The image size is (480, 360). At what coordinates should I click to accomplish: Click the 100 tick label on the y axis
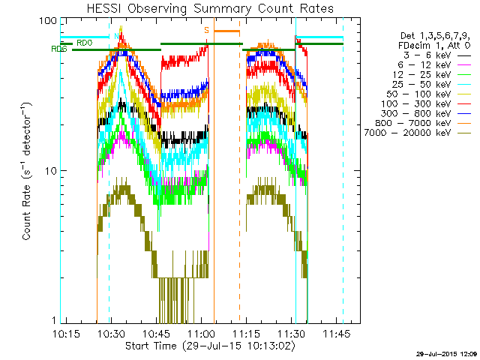pos(47,21)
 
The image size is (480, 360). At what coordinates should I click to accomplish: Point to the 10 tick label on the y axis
pos(50,171)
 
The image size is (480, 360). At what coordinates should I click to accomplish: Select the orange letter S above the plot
pos(206,30)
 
